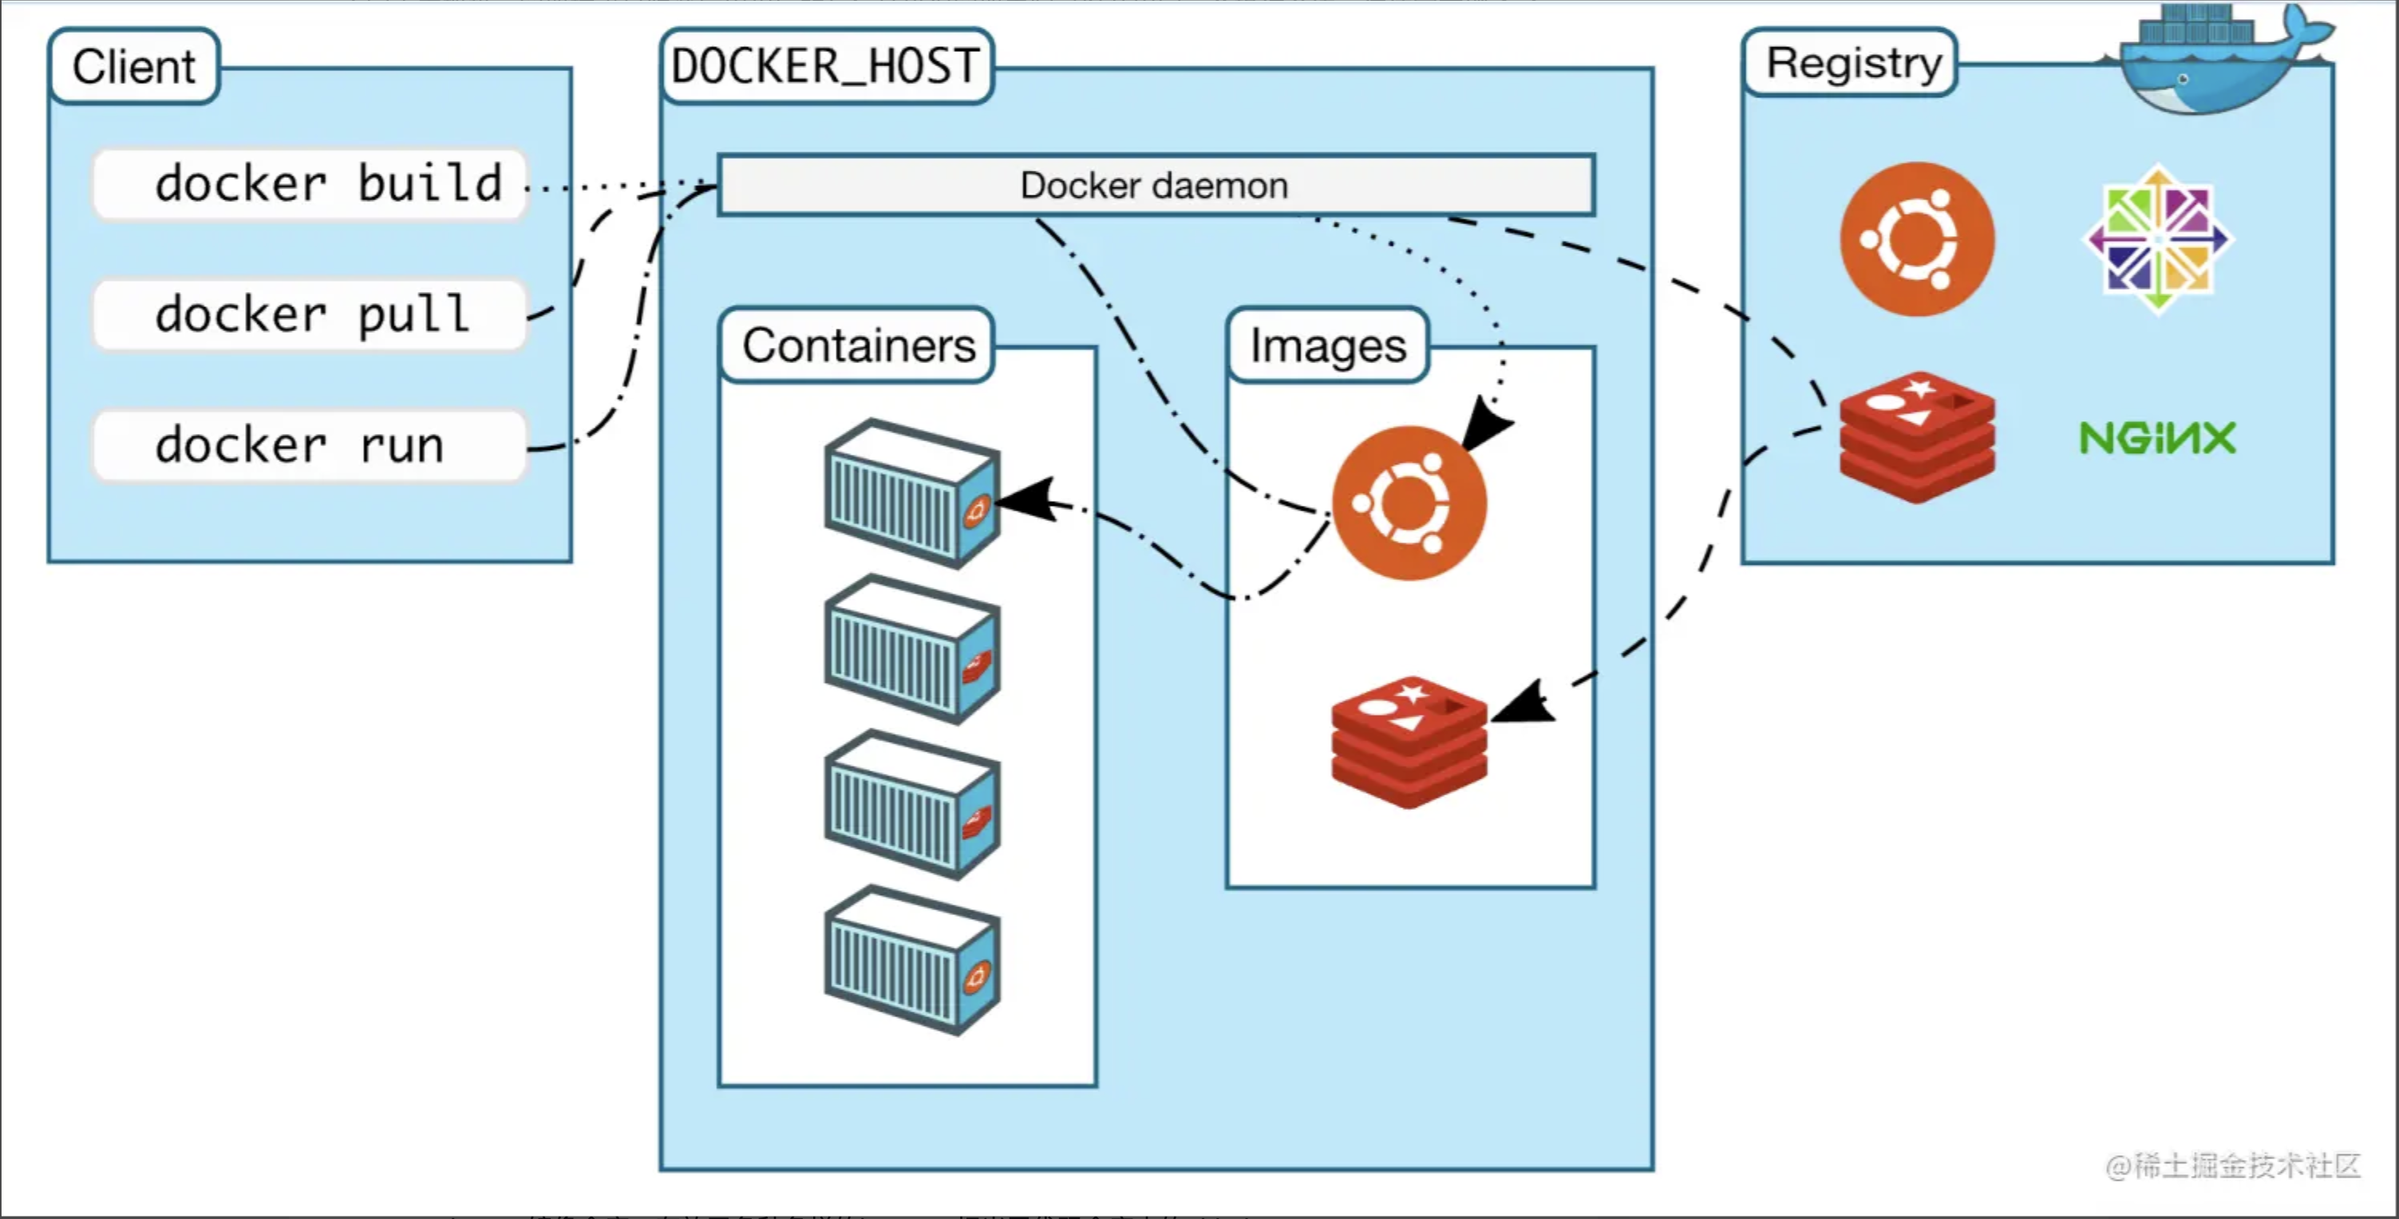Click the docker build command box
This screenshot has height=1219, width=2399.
click(310, 184)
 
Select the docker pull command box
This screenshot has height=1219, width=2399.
click(310, 315)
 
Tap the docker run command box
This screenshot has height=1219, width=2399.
click(310, 446)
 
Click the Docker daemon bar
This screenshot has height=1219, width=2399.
click(1156, 185)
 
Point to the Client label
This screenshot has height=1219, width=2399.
click(134, 66)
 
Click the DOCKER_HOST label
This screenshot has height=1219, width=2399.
click(826, 66)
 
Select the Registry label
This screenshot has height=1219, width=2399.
click(1851, 62)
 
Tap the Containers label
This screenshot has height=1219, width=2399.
click(858, 345)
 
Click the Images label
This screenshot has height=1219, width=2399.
click(1328, 345)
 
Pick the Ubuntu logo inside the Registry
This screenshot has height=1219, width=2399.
click(1918, 239)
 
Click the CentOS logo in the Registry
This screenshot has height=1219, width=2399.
click(2158, 239)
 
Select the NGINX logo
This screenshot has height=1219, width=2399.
click(2158, 438)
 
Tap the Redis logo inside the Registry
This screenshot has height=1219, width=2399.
click(1918, 436)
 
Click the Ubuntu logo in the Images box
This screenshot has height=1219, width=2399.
click(1409, 503)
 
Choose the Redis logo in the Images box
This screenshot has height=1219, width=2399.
click(1409, 742)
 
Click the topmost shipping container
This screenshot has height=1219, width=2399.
click(911, 493)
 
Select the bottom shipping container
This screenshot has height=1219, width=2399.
click(911, 960)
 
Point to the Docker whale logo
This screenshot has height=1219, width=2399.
click(2221, 57)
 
